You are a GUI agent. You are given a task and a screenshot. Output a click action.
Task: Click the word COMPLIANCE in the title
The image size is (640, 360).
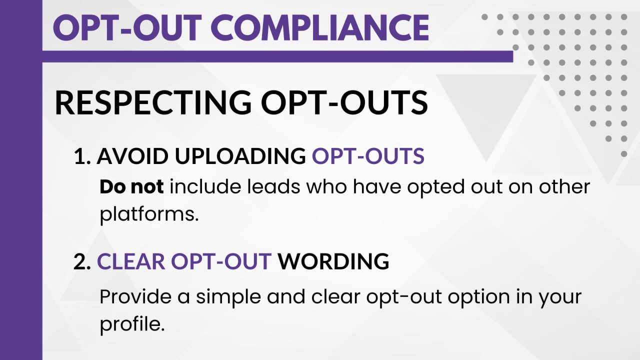(319, 28)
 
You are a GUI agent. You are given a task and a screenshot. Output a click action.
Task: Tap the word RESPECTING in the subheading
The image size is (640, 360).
(153, 102)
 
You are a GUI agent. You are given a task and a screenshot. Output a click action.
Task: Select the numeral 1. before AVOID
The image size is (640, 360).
(82, 156)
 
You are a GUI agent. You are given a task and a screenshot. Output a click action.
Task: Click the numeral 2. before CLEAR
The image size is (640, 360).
(82, 261)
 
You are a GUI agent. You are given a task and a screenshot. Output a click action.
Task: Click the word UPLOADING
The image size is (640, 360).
(240, 156)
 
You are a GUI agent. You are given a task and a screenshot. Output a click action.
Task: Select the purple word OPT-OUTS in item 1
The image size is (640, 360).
(368, 156)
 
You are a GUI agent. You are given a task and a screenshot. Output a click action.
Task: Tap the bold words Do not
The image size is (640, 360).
(131, 187)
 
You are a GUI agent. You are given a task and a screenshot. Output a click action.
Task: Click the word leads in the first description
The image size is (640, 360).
(273, 187)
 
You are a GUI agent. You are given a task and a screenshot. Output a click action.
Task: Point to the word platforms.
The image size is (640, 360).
(149, 214)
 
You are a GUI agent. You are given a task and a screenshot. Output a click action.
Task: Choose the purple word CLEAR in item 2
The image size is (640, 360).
(131, 261)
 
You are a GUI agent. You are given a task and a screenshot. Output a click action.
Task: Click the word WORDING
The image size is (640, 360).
(333, 261)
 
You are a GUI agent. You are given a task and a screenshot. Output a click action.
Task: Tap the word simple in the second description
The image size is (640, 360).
(228, 297)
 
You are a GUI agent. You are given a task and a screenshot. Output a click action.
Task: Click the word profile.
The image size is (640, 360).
(132, 324)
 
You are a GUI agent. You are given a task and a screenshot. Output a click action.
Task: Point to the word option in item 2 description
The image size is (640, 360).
(478, 297)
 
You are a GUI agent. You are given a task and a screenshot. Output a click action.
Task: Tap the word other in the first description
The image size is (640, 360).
(564, 187)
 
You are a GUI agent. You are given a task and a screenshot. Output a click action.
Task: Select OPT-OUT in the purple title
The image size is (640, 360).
(127, 28)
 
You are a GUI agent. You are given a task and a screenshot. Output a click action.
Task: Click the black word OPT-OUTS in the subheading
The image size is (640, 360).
(344, 102)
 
